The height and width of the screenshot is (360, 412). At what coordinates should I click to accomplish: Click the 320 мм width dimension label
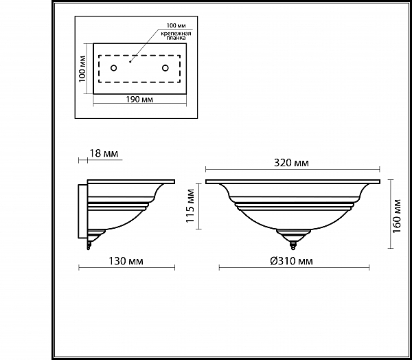(291, 163)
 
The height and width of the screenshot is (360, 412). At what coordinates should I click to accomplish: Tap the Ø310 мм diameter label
(291, 261)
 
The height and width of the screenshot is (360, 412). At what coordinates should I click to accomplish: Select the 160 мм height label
(397, 216)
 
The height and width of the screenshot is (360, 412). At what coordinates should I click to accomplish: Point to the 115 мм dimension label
(190, 205)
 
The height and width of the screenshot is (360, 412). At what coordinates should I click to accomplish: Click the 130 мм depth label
(126, 261)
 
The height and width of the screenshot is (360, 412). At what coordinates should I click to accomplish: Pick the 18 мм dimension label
(104, 153)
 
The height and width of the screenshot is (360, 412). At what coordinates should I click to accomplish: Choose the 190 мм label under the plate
(139, 100)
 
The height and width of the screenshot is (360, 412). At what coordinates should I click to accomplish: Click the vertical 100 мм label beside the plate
(82, 69)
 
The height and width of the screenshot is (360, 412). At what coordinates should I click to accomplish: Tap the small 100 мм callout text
(176, 25)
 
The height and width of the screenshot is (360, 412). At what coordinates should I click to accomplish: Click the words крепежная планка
(176, 36)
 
